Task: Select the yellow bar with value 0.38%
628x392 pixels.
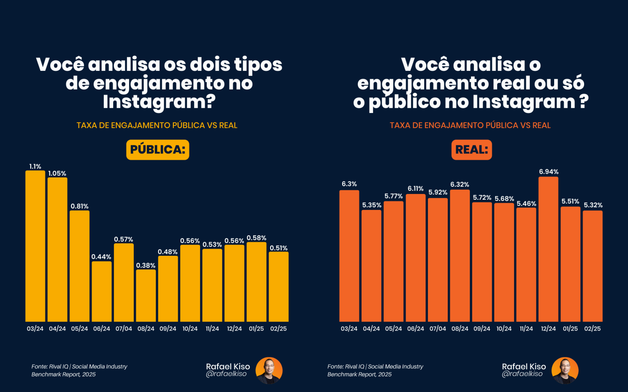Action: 146,295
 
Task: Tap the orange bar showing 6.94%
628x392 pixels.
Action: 548,249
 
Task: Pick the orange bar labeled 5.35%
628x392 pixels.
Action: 371,266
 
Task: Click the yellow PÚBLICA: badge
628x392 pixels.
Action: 157,150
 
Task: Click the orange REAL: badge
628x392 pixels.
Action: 471,150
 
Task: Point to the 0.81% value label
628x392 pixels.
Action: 79,206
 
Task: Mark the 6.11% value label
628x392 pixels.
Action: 415,188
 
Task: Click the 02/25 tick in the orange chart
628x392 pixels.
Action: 592,329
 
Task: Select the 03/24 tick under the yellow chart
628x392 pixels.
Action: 35,329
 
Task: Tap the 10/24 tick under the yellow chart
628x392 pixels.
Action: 190,329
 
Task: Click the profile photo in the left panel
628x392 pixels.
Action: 269,371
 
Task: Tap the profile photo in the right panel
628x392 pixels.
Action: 565,371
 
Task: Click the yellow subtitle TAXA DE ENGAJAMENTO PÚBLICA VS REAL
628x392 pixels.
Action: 157,125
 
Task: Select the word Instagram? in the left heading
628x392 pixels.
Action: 159,102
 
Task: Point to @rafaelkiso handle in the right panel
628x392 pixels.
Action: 522,374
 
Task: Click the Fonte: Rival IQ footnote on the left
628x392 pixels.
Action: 79,371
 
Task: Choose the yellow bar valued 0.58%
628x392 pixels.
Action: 256,282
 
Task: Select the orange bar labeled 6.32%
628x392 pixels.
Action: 460,255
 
